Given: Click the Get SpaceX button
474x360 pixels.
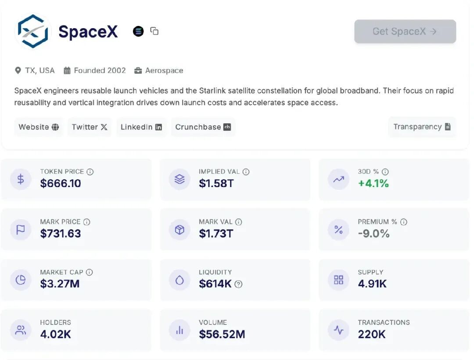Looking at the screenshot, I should [x=405, y=32].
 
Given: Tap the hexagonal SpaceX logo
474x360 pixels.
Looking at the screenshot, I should [x=33, y=32].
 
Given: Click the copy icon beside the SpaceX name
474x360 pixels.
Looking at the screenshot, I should [x=154, y=31].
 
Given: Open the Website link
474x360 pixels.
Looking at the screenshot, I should [x=39, y=127].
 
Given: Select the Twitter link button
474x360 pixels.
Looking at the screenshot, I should [x=90, y=127].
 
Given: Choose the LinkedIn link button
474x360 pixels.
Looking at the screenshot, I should [x=141, y=127].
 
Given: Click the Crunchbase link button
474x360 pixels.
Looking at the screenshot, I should [x=203, y=127].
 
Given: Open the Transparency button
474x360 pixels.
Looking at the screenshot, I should [x=422, y=127].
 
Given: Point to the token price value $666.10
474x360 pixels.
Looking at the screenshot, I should [x=61, y=184].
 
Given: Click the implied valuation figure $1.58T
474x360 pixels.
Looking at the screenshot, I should [x=216, y=184].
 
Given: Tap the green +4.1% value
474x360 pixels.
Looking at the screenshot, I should [x=373, y=184].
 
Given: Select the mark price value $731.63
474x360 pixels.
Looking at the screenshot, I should [x=61, y=234].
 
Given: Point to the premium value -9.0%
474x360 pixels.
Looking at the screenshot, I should [x=373, y=234].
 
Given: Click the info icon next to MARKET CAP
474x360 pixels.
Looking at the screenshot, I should [x=90, y=272].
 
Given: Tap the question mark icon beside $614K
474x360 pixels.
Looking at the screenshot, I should [x=238, y=284].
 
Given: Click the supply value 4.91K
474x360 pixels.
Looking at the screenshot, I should [x=372, y=284].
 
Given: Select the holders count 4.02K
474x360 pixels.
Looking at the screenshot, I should [x=55, y=334].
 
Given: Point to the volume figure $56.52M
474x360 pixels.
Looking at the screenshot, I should [x=222, y=334].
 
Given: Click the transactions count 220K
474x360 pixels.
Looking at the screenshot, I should [x=371, y=334].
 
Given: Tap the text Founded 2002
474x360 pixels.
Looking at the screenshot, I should [x=100, y=71].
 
